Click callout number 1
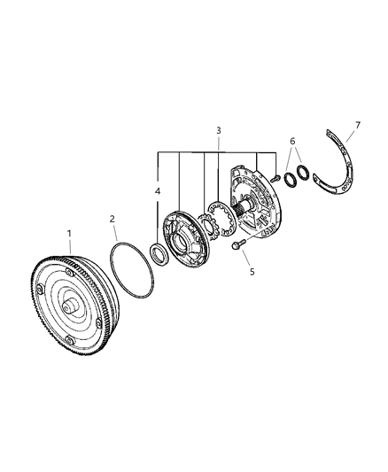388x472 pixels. click(x=69, y=233)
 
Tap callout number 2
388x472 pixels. click(x=113, y=219)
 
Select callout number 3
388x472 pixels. click(x=219, y=131)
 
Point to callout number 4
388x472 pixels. click(x=158, y=191)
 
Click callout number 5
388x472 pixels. click(x=252, y=272)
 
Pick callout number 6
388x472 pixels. click(x=292, y=141)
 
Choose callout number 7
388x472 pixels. click(x=358, y=125)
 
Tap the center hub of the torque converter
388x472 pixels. click(x=70, y=306)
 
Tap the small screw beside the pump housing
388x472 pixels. click(x=275, y=178)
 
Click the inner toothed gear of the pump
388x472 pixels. click(x=208, y=226)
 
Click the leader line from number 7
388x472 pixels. click(x=351, y=135)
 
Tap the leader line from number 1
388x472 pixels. click(x=70, y=246)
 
